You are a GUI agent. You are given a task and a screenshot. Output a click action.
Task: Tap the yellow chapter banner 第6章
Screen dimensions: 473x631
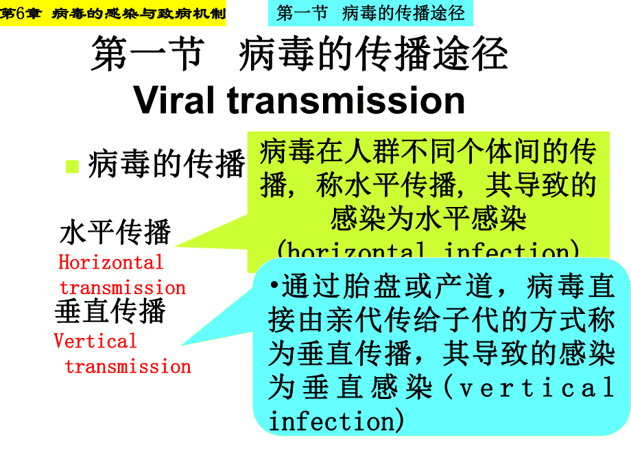(x=112, y=13)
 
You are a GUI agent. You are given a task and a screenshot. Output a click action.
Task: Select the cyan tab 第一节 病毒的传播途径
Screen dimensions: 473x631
(x=370, y=12)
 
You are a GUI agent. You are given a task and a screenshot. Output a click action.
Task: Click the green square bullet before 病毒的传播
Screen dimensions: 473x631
(x=71, y=166)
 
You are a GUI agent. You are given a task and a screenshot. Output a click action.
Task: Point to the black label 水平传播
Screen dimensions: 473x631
(x=115, y=232)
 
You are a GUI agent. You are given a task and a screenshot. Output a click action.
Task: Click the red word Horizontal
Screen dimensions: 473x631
(x=111, y=263)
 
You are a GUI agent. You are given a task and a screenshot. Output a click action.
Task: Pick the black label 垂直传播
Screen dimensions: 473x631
(x=110, y=311)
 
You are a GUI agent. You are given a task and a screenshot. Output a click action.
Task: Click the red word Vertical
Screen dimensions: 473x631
(x=95, y=341)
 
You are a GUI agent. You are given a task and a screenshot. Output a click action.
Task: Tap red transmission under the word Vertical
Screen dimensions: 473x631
(x=128, y=366)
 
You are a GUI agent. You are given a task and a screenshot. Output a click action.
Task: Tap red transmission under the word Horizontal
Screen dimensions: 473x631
(x=123, y=287)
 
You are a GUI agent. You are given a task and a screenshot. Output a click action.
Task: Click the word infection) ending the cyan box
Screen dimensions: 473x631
(x=336, y=420)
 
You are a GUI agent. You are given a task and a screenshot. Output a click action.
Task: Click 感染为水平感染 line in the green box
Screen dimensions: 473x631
(x=428, y=219)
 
